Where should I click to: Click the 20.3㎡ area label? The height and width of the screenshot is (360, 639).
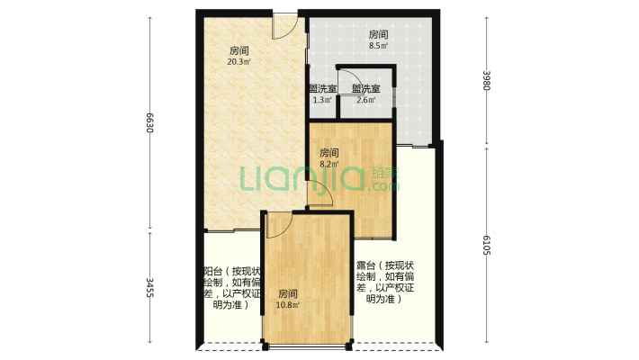click(x=238, y=62)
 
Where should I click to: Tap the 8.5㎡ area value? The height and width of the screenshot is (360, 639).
click(x=378, y=46)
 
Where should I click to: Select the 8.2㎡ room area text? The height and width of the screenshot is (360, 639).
click(x=328, y=165)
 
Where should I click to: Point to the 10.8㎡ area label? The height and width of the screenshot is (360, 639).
click(x=288, y=305)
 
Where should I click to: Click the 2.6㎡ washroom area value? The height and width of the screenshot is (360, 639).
click(x=366, y=100)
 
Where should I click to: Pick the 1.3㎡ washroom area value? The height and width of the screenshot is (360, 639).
click(x=322, y=100)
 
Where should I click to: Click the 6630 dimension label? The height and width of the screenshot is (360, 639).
click(x=150, y=122)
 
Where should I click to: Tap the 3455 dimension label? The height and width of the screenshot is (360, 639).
click(x=150, y=287)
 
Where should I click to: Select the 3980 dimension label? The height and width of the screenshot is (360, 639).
click(x=486, y=81)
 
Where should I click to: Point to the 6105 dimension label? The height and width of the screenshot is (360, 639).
click(x=486, y=245)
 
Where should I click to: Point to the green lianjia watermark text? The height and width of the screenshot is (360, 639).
click(x=301, y=178)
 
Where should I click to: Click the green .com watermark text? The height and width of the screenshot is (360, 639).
click(x=383, y=186)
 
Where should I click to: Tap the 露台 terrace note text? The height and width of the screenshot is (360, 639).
click(x=385, y=282)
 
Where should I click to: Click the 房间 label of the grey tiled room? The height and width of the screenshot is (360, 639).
click(x=378, y=34)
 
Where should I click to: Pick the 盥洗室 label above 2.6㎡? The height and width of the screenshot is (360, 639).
click(x=366, y=88)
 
